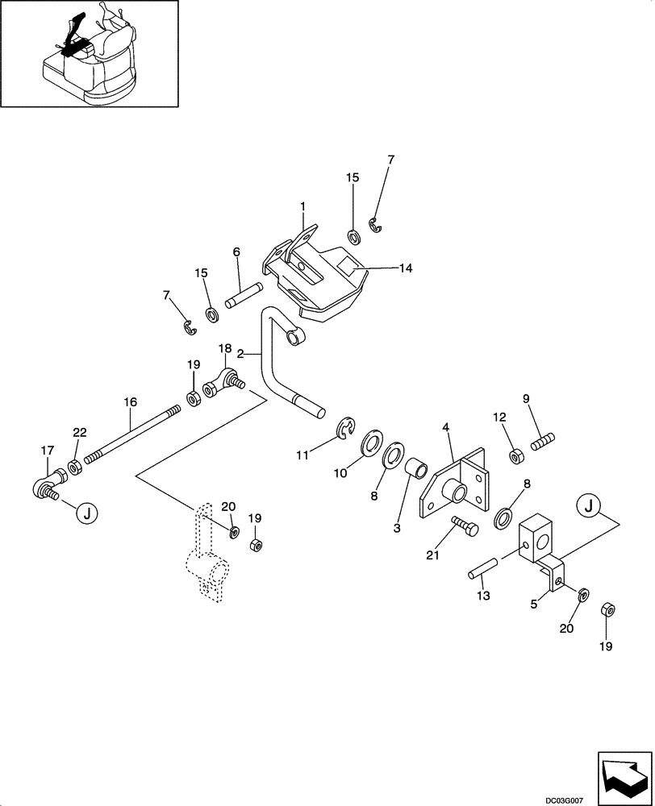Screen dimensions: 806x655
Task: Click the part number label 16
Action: (130, 401)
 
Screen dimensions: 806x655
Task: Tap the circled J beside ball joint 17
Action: (86, 512)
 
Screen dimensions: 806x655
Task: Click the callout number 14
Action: (405, 268)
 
